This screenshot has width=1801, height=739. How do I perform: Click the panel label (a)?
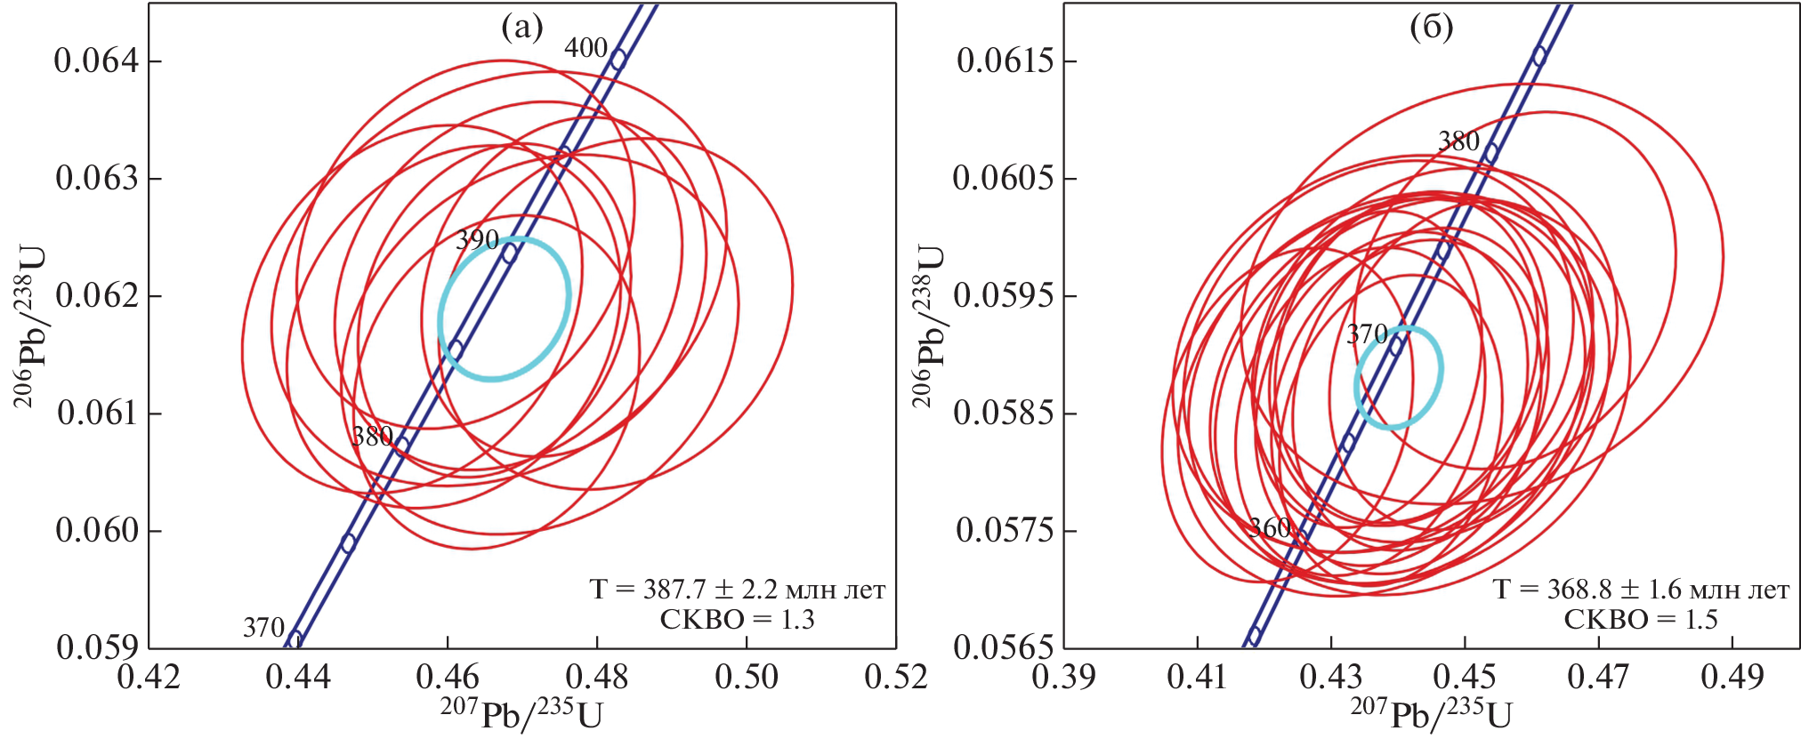(x=521, y=28)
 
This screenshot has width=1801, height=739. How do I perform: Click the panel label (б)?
(x=1432, y=28)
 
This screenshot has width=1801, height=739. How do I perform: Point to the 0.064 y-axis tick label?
(x=97, y=60)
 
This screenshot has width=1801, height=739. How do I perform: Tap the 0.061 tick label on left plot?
(x=98, y=413)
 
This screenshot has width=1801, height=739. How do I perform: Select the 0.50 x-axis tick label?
(x=746, y=678)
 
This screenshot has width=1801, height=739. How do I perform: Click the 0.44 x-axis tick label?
(x=298, y=678)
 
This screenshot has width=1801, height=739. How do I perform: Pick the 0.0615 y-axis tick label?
(x=1005, y=60)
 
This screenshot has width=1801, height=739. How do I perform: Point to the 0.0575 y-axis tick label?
(x=1005, y=530)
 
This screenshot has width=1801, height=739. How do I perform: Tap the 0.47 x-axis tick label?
(x=1598, y=678)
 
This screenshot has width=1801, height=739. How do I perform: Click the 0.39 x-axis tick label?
(x=1064, y=678)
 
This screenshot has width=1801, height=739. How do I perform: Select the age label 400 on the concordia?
(x=586, y=48)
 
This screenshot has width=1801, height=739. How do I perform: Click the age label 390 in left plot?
(x=477, y=240)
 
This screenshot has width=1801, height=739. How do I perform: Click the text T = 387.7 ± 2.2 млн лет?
(x=738, y=590)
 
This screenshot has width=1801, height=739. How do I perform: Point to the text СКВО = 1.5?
(x=1641, y=620)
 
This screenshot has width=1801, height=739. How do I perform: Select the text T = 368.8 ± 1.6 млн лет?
(x=1641, y=590)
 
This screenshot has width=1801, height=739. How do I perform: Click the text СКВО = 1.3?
(x=737, y=620)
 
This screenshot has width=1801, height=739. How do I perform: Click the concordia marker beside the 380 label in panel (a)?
(x=402, y=445)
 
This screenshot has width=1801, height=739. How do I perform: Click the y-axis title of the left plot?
(x=31, y=326)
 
